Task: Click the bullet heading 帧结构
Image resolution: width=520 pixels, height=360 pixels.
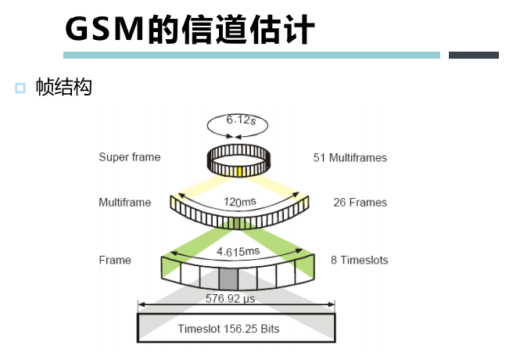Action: point(64,88)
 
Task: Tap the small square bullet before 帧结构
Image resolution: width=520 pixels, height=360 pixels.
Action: point(20,88)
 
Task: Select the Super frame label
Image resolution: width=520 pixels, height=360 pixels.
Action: point(129,157)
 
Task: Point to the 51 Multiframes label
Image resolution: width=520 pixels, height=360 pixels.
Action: point(350,158)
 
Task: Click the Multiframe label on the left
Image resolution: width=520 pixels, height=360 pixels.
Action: point(124,203)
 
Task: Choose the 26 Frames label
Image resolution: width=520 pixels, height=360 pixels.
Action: point(360,203)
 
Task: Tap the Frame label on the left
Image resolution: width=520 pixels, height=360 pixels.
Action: point(115,260)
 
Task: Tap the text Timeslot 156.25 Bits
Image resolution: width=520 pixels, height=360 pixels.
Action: point(228,329)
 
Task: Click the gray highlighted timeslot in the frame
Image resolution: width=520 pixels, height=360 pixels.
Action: point(228,279)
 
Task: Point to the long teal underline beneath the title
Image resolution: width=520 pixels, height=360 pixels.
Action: point(251,55)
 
